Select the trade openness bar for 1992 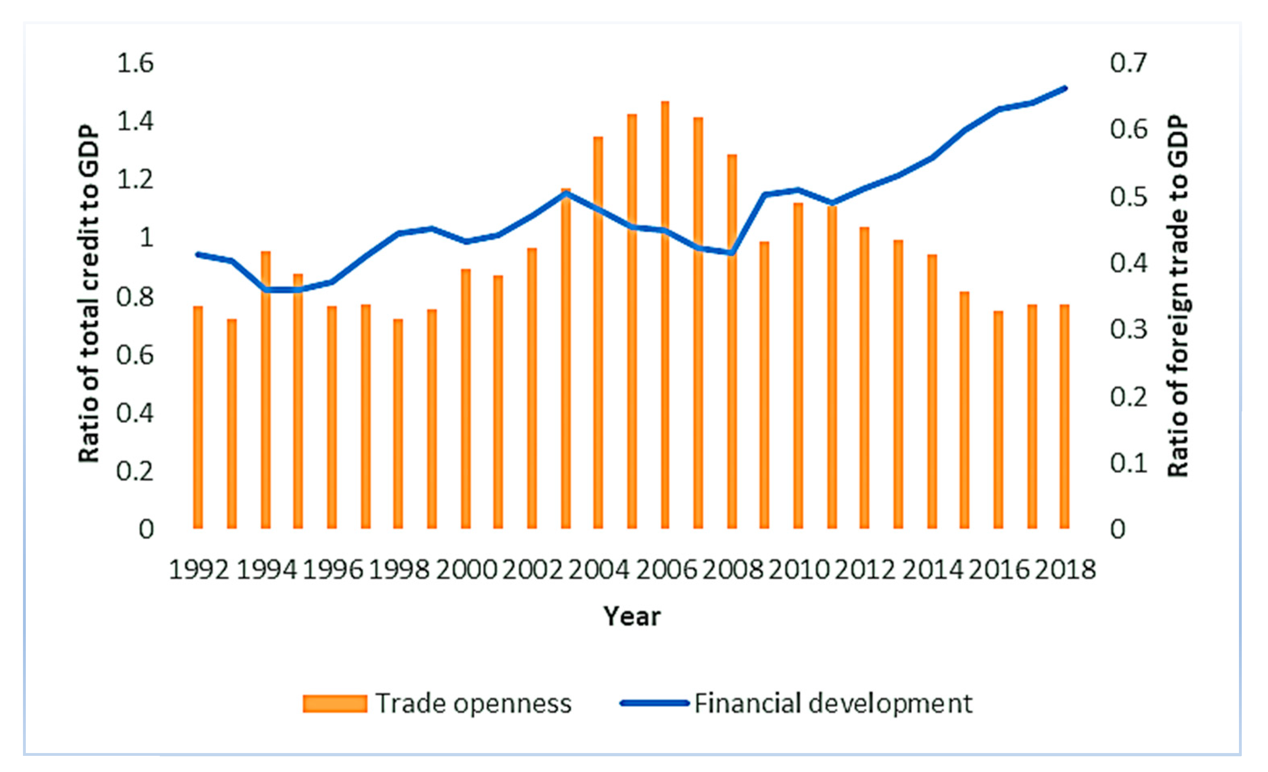(x=198, y=417)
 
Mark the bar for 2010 (x=798, y=365)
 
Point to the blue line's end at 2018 (x=1065, y=88)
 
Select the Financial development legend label (x=833, y=703)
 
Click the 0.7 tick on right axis (x=1128, y=63)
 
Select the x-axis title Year (x=632, y=616)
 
